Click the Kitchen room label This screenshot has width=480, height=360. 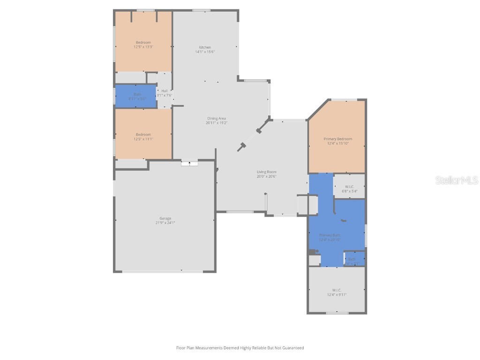(205, 47)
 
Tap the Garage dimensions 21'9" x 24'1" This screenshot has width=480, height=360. (165, 223)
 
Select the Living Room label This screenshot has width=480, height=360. (266, 172)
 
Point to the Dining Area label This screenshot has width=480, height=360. (216, 118)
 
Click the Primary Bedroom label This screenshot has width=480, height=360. (337, 139)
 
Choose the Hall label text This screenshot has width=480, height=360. (165, 91)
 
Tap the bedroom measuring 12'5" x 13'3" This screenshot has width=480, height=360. (143, 45)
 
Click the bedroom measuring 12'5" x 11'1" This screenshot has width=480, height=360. (143, 136)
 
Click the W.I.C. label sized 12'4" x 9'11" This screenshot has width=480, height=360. (337, 292)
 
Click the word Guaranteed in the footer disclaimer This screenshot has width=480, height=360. (293, 348)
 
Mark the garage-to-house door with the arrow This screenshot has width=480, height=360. (189, 163)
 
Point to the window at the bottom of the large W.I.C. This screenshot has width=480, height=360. (337, 313)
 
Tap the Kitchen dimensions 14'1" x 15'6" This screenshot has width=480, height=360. (205, 52)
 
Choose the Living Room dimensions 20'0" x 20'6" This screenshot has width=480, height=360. (266, 177)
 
